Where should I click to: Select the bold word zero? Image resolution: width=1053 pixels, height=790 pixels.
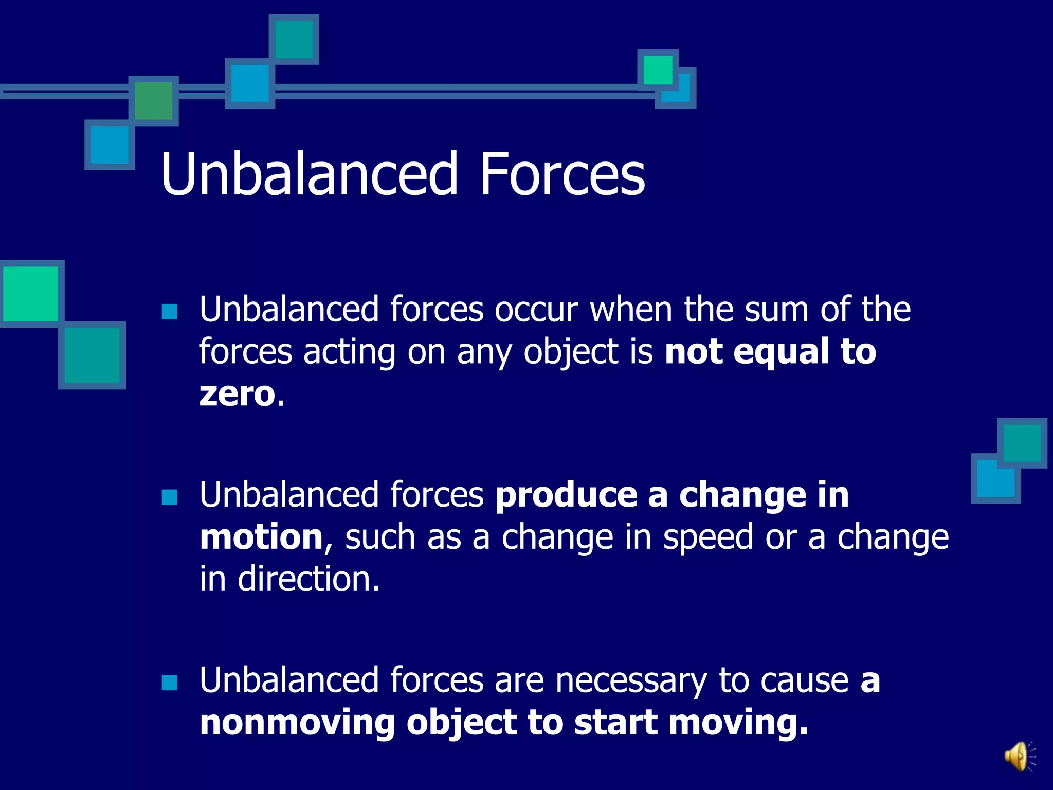click(238, 394)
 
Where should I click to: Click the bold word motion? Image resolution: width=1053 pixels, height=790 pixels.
click(262, 537)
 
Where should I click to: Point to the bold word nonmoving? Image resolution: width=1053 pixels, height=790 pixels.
click(297, 723)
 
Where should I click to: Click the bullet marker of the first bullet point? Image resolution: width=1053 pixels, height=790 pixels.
click(169, 312)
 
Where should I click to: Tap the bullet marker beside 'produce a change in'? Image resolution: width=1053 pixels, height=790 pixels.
click(169, 497)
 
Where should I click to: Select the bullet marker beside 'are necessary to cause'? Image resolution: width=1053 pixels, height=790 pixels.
click(169, 683)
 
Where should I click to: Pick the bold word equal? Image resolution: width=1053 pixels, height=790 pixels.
click(781, 352)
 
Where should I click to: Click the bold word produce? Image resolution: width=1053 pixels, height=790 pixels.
click(566, 496)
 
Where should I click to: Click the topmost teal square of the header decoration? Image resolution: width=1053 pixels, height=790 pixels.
click(294, 39)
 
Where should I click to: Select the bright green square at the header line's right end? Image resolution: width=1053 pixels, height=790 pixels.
click(658, 70)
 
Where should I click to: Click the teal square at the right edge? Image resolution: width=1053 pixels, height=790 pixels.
click(1022, 443)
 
